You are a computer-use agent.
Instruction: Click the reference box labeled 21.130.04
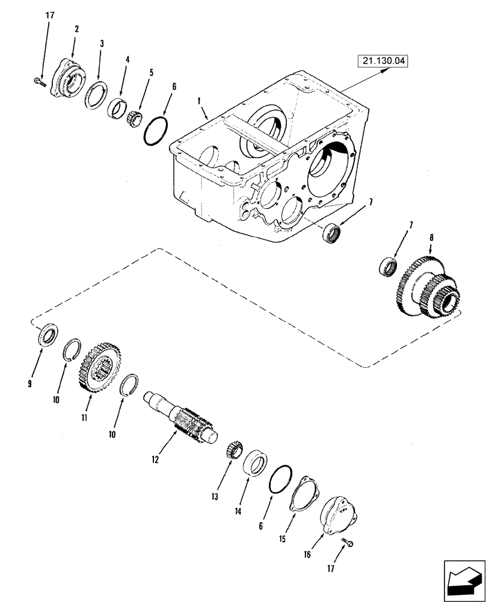pyautogui.click(x=382, y=60)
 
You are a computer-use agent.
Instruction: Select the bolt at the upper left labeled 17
pyautogui.click(x=39, y=82)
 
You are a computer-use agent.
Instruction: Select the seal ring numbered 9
pyautogui.click(x=47, y=335)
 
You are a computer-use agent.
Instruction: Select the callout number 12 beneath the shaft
pyautogui.click(x=155, y=459)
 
